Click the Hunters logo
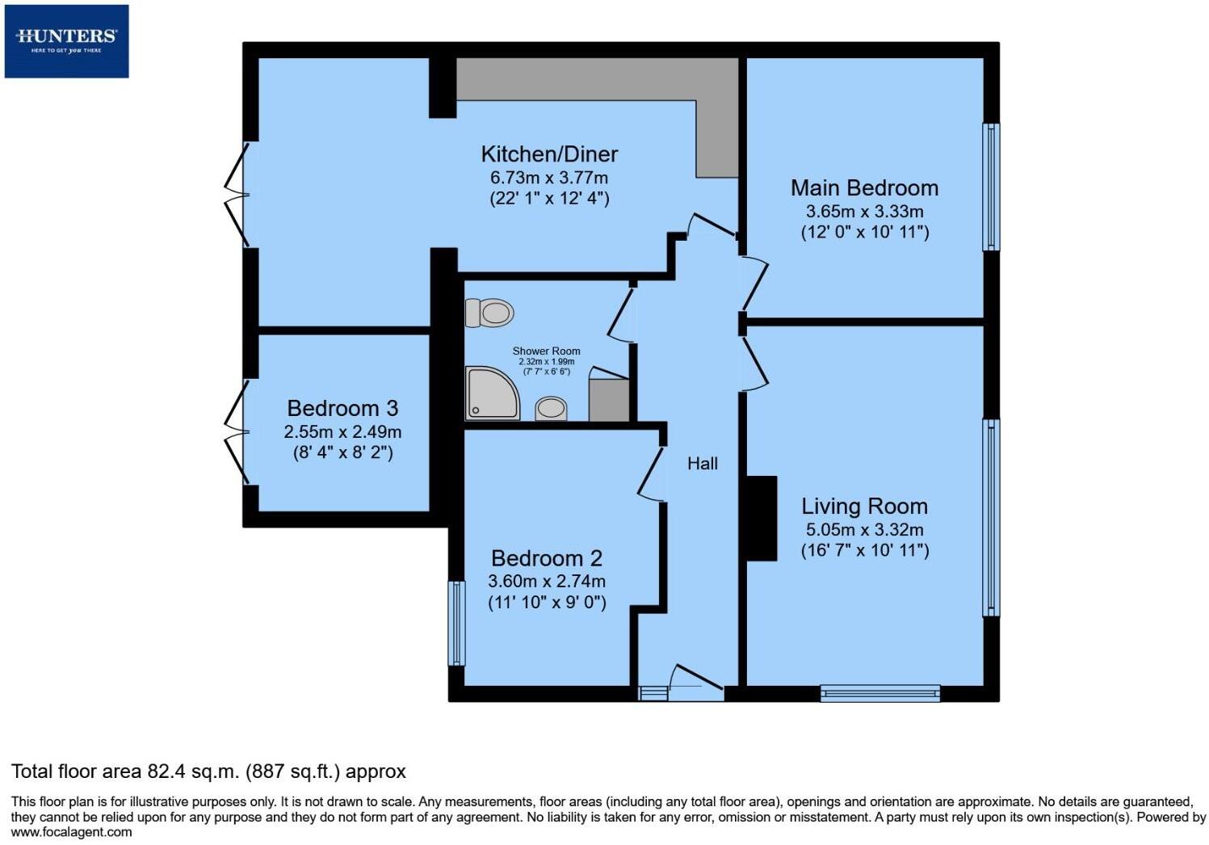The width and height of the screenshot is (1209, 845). tap(66, 40)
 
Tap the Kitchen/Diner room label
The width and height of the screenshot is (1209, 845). tap(549, 154)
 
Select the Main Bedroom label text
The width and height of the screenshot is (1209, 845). tap(864, 188)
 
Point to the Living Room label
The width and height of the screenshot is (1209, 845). tap(864, 507)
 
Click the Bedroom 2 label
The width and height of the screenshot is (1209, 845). tap(547, 558)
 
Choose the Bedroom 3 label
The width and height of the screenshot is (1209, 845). tap(342, 409)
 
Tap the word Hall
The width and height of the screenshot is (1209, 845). tap(702, 464)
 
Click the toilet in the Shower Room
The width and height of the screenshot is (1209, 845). tap(490, 313)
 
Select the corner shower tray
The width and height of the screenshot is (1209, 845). tap(492, 393)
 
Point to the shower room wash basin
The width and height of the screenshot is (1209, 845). tap(552, 408)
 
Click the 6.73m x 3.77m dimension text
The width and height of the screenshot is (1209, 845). tap(549, 177)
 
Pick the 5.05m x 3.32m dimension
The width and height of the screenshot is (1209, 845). tap(864, 530)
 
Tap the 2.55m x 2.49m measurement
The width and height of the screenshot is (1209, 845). tap(342, 431)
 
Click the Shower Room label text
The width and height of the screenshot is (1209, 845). tap(546, 351)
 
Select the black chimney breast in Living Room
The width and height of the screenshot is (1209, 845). tap(760, 518)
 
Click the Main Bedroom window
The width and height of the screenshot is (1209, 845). tap(991, 187)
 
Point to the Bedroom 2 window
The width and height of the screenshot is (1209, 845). tap(456, 623)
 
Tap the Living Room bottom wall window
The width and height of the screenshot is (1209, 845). tap(880, 692)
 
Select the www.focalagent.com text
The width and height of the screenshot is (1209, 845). tap(71, 831)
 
